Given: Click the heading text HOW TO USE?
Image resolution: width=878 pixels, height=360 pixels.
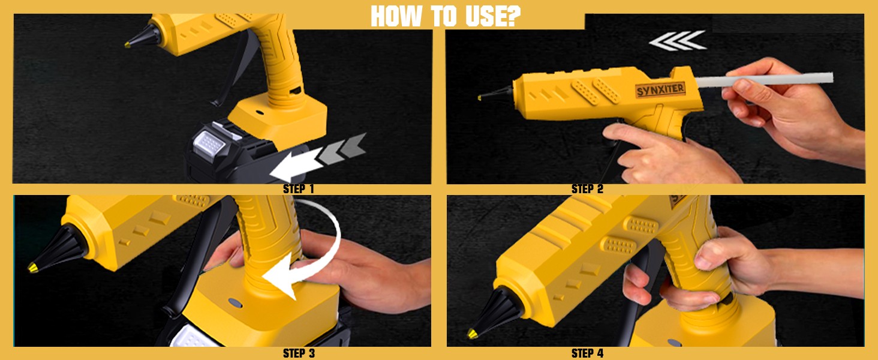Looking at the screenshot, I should click(444, 16).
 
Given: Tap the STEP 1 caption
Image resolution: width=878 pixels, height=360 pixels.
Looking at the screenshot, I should click(298, 189).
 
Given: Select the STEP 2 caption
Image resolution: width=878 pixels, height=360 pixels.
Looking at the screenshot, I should click(587, 189).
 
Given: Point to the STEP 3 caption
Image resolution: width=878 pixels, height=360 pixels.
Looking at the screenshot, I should click(298, 353).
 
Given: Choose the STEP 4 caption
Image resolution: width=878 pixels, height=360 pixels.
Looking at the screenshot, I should click(587, 353).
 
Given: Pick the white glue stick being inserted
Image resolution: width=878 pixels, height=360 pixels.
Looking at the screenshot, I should click(780, 79).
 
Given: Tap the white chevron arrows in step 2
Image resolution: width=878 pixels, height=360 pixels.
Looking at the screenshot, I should click(678, 41).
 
